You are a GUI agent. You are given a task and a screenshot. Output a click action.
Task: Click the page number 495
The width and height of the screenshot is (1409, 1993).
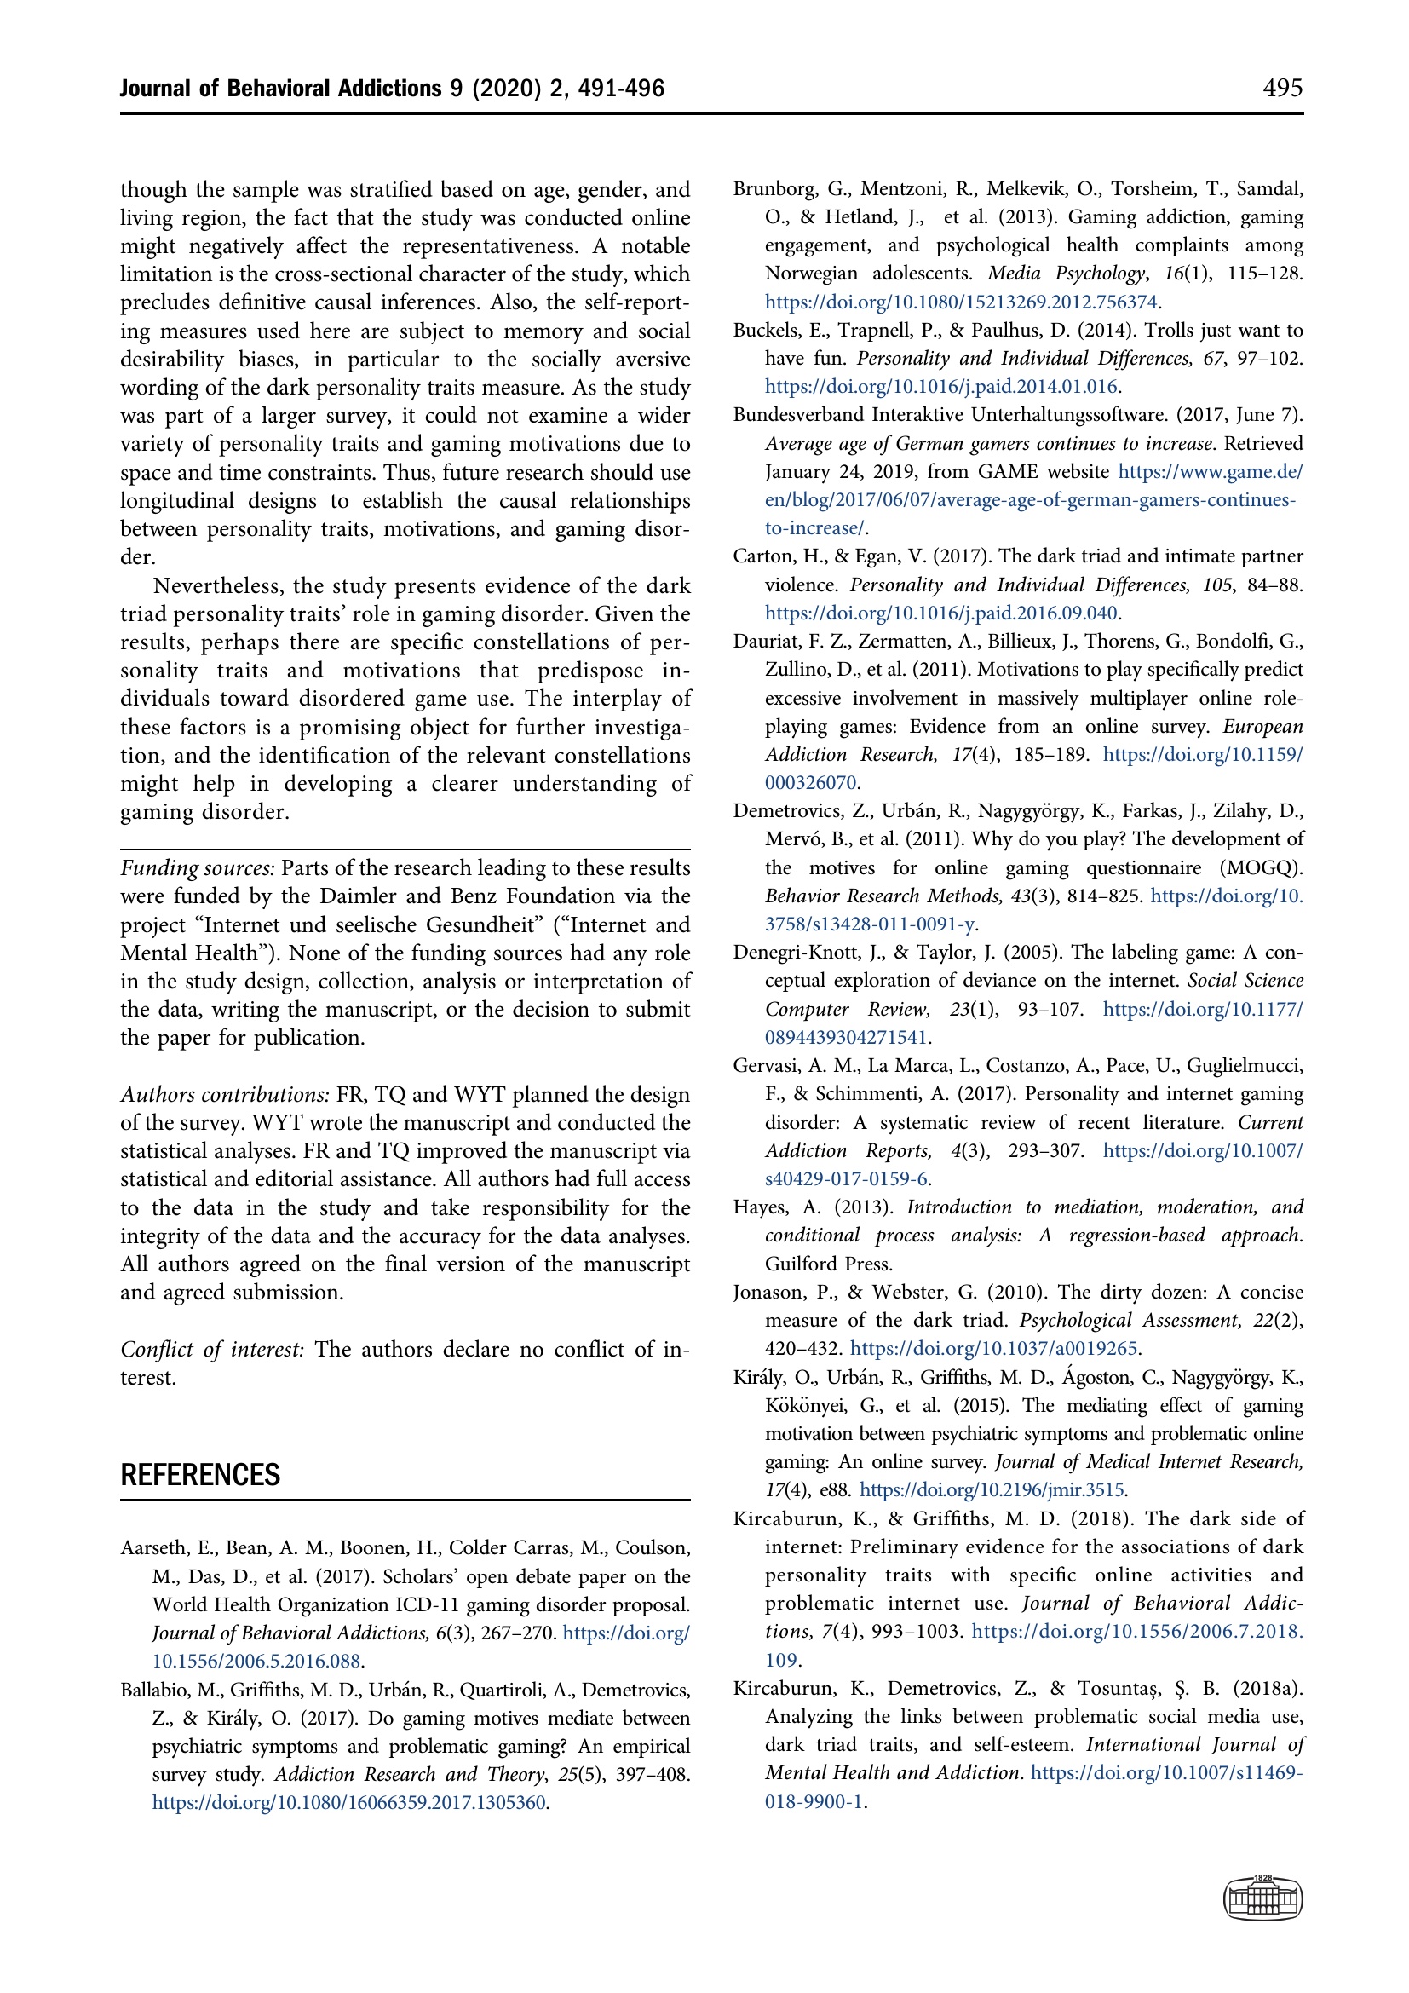click(1281, 88)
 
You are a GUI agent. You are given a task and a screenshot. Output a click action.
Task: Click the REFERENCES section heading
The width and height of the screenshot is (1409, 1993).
click(200, 1475)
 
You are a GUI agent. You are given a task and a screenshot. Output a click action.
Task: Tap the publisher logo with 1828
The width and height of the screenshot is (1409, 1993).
click(1262, 1898)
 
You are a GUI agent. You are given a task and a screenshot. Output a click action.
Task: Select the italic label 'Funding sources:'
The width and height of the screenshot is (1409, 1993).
click(198, 868)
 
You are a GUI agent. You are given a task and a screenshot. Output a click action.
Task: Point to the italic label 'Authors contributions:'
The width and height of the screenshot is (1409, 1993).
click(225, 1095)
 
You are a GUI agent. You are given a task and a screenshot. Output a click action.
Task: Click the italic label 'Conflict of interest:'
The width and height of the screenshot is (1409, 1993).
click(213, 1349)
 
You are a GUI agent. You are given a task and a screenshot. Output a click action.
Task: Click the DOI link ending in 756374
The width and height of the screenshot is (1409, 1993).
click(961, 302)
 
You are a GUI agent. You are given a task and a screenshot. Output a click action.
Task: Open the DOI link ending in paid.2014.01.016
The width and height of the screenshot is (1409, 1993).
click(941, 386)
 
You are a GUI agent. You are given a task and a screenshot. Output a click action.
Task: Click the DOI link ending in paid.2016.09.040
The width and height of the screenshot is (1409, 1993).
click(941, 613)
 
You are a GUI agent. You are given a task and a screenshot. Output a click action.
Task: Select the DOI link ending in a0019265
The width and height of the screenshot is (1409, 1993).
click(994, 1348)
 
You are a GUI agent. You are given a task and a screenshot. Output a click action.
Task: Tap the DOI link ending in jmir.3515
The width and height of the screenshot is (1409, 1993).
click(992, 1489)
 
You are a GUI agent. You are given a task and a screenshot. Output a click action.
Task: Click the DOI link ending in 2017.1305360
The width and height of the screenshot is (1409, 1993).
click(348, 1803)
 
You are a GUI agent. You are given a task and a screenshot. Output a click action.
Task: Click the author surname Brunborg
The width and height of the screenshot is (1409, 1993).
click(771, 189)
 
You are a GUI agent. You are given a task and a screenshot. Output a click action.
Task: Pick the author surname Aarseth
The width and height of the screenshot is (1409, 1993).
click(154, 1547)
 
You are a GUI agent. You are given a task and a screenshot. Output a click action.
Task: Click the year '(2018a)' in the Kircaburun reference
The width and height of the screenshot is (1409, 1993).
click(1268, 1688)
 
